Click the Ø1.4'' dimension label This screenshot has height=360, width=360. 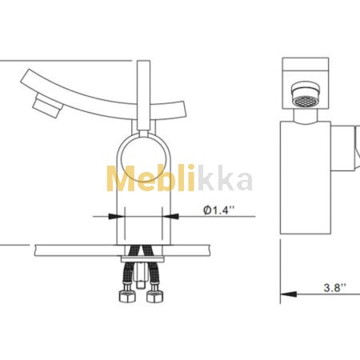click(x=218, y=210)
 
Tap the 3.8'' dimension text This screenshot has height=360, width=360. click(x=334, y=288)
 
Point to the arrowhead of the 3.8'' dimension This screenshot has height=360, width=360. click(x=289, y=294)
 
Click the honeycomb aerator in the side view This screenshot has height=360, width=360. click(x=305, y=101)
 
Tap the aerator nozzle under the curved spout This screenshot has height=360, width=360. click(x=47, y=106)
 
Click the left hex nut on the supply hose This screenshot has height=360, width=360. click(x=127, y=296)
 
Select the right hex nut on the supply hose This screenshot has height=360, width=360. click(x=154, y=296)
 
